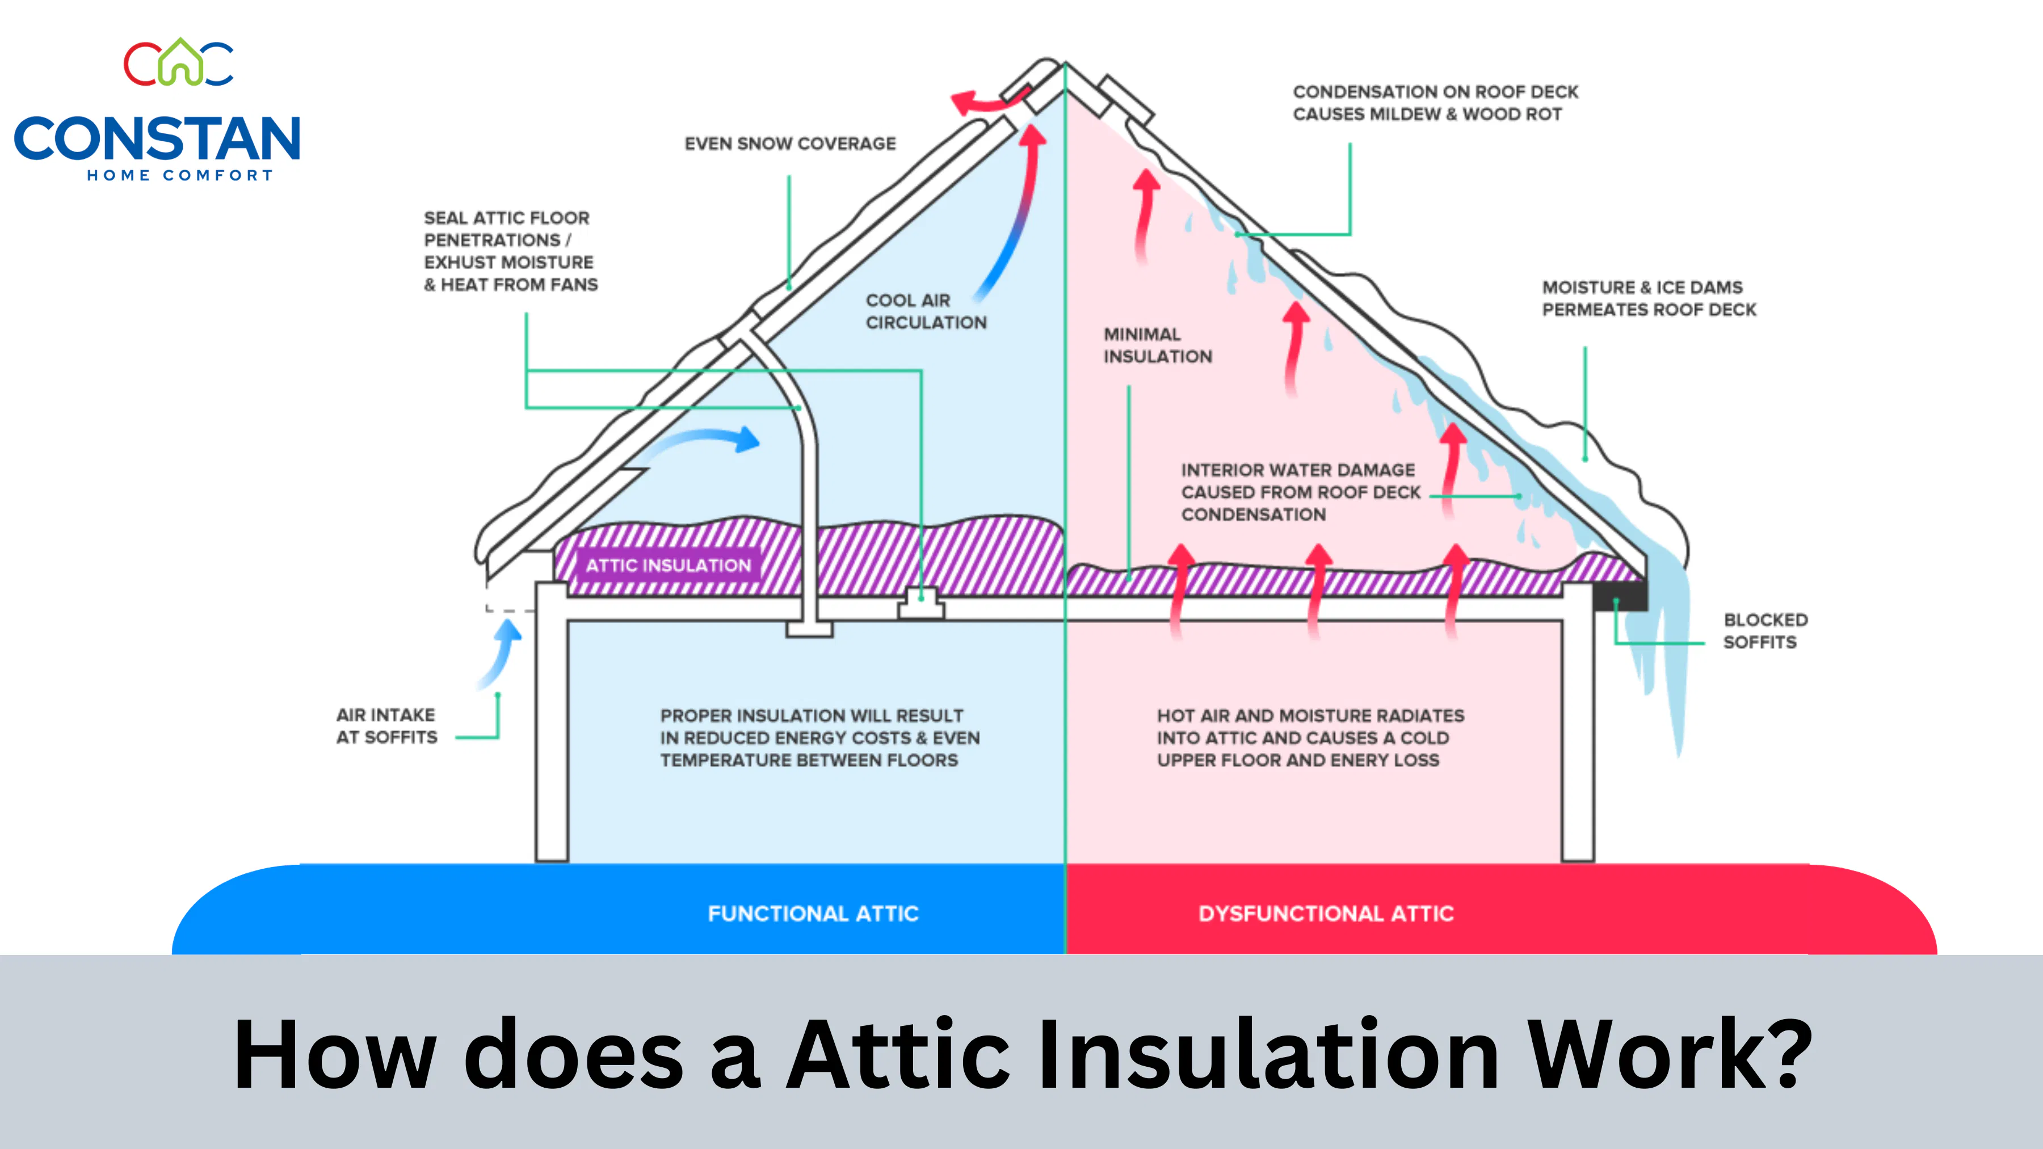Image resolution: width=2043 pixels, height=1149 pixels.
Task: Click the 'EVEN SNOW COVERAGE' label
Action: click(x=790, y=144)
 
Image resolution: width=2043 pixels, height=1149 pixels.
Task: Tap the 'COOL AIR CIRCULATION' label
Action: click(x=926, y=311)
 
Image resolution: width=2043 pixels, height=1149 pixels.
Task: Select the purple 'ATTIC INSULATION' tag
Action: click(x=668, y=565)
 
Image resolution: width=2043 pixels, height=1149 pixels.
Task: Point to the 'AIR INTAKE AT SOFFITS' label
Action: click(x=386, y=726)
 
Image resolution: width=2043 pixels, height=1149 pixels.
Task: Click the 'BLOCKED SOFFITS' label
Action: click(x=1765, y=630)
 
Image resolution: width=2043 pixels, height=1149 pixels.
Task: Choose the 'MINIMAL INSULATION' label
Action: click(x=1157, y=345)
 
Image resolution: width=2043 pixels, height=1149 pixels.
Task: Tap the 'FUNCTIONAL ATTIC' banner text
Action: click(x=813, y=914)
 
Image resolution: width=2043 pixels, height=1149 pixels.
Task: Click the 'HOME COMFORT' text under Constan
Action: click(x=180, y=175)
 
